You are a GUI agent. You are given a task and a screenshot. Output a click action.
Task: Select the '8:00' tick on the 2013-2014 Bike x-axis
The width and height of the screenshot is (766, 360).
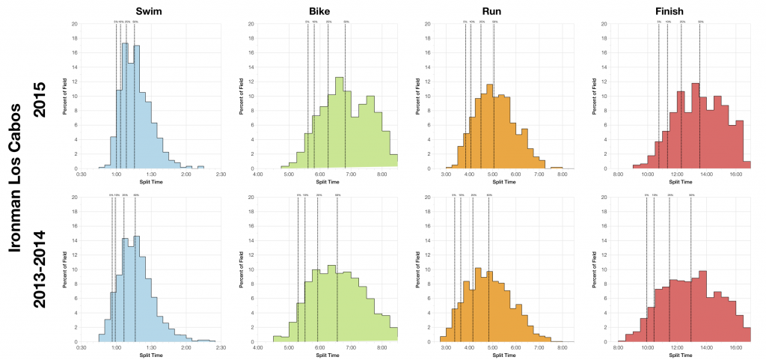pos(382,348)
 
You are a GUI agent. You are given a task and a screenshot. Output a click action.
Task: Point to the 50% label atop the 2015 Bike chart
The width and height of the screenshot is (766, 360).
pos(346,22)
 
